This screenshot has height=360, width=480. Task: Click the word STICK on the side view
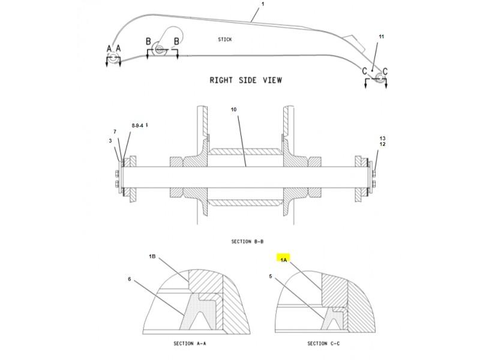[224, 40]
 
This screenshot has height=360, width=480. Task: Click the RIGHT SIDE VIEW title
[246, 80]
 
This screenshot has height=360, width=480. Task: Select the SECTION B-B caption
[247, 242]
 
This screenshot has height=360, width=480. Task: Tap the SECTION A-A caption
[190, 343]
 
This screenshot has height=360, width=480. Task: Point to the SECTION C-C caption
[323, 343]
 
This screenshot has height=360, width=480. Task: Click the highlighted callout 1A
[284, 260]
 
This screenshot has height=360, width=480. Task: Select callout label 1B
[152, 256]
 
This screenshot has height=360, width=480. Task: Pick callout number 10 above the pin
[233, 109]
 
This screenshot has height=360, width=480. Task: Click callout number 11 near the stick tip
[381, 37]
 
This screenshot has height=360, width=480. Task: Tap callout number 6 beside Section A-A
[130, 279]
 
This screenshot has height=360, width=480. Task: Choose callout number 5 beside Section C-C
[271, 276]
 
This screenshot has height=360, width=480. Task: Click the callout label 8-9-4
[137, 125]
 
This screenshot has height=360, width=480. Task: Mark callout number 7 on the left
[115, 131]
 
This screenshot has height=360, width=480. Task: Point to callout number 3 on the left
[110, 140]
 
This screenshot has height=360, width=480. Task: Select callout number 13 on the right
[382, 139]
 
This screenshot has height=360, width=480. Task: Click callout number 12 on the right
[382, 144]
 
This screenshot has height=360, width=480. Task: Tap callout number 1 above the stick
[263, 4]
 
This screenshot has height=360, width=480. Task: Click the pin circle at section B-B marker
[159, 49]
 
